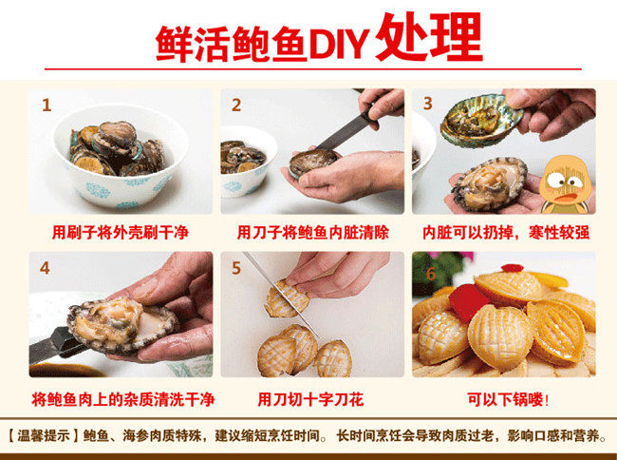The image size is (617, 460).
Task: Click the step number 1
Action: coord(47,105)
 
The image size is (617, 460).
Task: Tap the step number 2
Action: coord(236,105)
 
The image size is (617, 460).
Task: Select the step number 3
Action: coord(428,104)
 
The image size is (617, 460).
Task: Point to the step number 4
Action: coord(45,268)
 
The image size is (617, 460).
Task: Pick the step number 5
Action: coord(236,268)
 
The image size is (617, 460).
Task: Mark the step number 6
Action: coord(431,274)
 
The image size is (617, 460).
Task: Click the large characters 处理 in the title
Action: coord(429,37)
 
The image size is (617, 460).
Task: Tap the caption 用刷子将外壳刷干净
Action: coord(121,232)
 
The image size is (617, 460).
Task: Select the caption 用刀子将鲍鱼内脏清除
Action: coord(313,232)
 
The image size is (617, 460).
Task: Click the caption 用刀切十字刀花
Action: coord(310,399)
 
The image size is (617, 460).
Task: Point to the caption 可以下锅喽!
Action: coord(508,399)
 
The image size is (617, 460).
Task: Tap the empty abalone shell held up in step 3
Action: coord(481,121)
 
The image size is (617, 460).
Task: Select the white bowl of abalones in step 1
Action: coord(121,155)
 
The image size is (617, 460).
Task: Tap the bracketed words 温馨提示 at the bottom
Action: coord(43,436)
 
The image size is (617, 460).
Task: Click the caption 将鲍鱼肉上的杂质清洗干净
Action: coord(122,399)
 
